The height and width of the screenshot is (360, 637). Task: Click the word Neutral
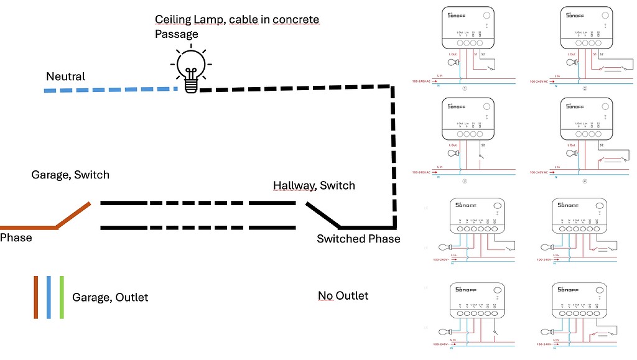click(65, 76)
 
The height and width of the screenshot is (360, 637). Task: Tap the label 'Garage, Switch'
click(70, 175)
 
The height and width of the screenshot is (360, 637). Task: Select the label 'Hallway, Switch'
click(314, 185)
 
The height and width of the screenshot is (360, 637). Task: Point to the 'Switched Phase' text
click(358, 239)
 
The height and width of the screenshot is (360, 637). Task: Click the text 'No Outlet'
click(343, 295)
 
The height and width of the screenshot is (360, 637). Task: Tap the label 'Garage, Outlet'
click(110, 297)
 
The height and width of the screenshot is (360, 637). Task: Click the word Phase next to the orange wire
click(16, 238)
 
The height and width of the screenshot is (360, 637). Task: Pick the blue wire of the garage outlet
click(49, 297)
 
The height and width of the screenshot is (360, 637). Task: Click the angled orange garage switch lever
click(73, 215)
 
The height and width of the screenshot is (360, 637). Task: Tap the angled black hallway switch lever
click(322, 215)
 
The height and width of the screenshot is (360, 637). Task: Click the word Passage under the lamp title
click(176, 34)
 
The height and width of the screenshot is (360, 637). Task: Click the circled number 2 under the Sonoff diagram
click(585, 88)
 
